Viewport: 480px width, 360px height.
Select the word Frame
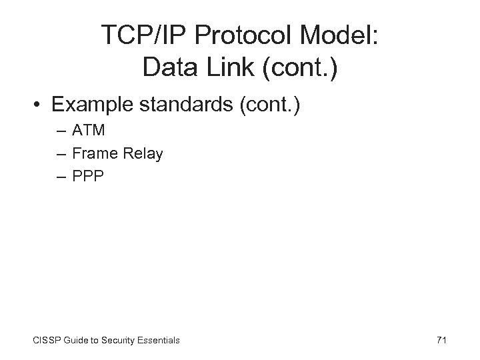[93, 154]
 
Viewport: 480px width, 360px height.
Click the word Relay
[141, 154]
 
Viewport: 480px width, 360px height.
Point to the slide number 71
[441, 340]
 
